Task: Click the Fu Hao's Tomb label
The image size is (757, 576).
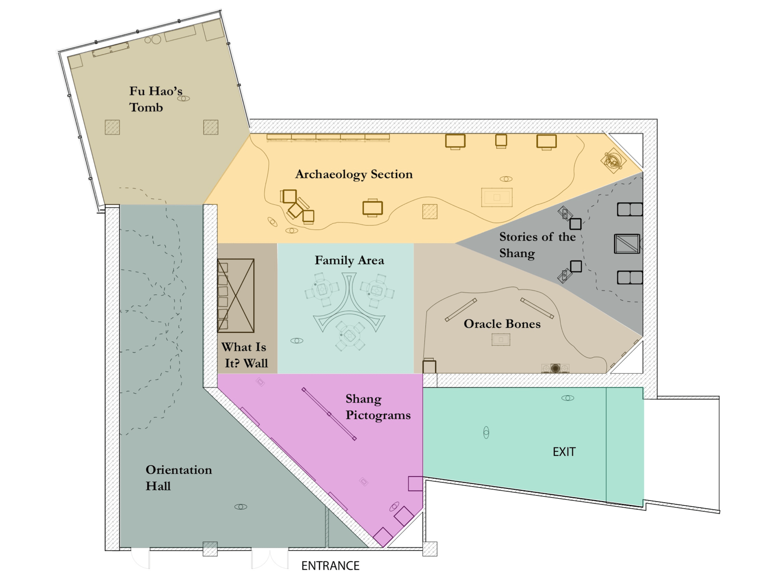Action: (156, 99)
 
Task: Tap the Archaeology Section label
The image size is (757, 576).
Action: (353, 174)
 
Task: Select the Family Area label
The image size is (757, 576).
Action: (349, 260)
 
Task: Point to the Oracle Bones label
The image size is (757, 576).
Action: (502, 324)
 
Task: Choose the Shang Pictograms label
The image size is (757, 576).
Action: (378, 407)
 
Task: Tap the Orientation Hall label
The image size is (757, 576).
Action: (178, 478)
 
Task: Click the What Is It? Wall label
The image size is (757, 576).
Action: (245, 355)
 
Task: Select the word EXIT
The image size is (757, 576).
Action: (564, 452)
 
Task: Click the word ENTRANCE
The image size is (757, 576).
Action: (330, 566)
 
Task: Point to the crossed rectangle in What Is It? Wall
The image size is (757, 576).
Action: (236, 295)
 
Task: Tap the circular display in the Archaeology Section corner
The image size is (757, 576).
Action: (613, 160)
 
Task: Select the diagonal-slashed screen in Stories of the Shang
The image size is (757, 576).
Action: (627, 244)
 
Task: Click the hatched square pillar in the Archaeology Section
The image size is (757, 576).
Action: (430, 212)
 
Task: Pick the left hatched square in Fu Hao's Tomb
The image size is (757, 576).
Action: (112, 128)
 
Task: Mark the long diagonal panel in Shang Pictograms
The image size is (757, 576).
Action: (329, 414)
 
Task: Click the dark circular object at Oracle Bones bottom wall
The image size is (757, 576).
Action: (555, 368)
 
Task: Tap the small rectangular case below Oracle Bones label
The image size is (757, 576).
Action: (501, 340)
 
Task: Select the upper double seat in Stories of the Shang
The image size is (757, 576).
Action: (630, 209)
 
